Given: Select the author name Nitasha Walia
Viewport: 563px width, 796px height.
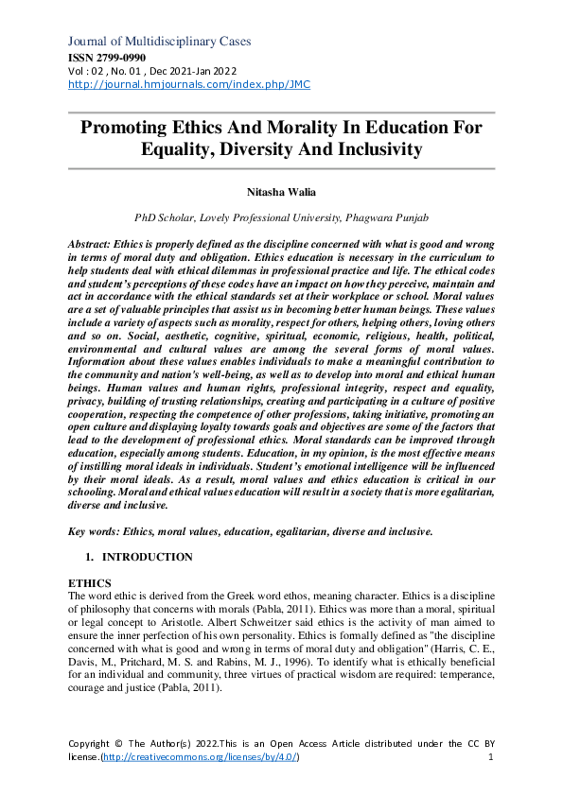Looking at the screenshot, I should pyautogui.click(x=281, y=192).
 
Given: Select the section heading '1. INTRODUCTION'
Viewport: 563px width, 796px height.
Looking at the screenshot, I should pyautogui.click(x=140, y=557).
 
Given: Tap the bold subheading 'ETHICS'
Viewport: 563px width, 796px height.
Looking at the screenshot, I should pyautogui.click(x=91, y=582).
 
